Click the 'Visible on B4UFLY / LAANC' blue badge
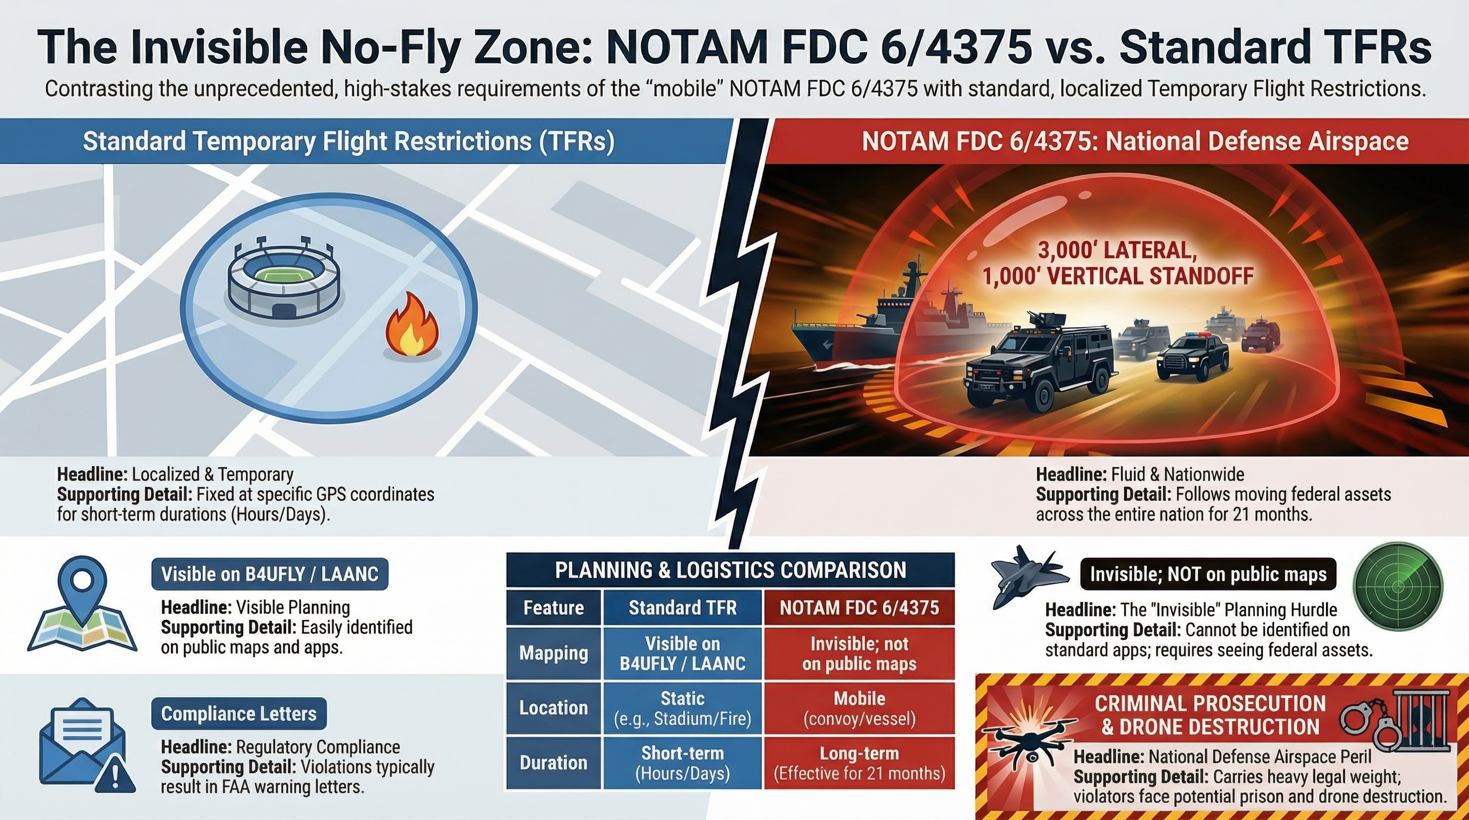click(x=269, y=574)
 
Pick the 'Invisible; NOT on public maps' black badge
click(x=1208, y=574)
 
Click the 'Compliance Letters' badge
click(x=239, y=713)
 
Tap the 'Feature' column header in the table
click(x=553, y=608)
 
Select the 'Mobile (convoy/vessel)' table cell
click(x=859, y=708)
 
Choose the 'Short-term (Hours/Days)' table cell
click(x=682, y=763)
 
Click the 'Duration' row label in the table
click(x=553, y=763)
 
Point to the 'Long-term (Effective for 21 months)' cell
click(x=859, y=763)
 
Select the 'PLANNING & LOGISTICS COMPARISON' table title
click(x=730, y=570)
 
